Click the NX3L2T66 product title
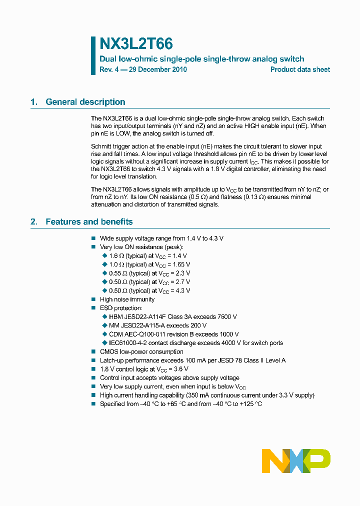[136, 44]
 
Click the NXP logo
[296, 460]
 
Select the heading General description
[85, 102]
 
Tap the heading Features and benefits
[89, 221]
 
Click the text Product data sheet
[300, 69]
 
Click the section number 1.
[34, 102]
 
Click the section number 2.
[34, 221]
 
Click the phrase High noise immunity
[127, 299]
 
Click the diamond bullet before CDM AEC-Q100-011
[104, 334]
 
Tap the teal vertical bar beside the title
[93, 55]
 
